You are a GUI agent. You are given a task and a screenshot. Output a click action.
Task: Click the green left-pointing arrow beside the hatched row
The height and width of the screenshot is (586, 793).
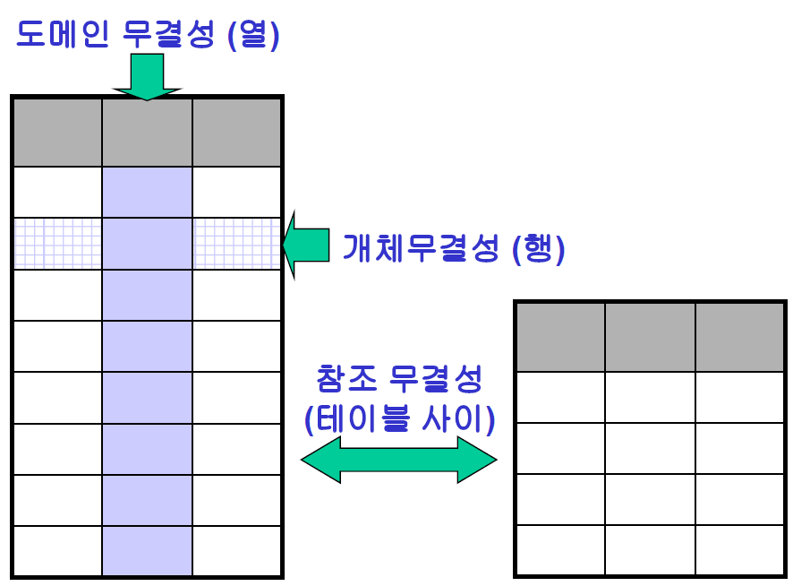(x=306, y=245)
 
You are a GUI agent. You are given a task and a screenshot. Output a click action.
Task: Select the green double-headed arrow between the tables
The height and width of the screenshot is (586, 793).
(x=398, y=460)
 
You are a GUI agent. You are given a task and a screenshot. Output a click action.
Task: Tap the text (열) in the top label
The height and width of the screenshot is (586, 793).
(x=254, y=35)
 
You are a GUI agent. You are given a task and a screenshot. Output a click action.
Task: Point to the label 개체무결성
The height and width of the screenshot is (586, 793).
(x=421, y=248)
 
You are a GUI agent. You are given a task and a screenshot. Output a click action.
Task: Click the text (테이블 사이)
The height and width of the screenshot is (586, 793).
(x=399, y=418)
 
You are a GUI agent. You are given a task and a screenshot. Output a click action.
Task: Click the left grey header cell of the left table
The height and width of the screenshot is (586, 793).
(x=58, y=133)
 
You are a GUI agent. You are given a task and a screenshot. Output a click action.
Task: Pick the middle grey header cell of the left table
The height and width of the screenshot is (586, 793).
(x=148, y=133)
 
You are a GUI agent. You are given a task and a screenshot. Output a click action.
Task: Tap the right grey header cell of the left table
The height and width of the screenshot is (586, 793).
(x=237, y=133)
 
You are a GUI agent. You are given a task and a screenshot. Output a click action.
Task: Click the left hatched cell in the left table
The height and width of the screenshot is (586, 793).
(x=58, y=244)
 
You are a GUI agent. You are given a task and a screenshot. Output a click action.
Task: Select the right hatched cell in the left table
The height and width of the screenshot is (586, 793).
(x=237, y=244)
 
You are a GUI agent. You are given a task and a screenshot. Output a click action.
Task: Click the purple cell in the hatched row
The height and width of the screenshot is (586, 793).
(x=148, y=244)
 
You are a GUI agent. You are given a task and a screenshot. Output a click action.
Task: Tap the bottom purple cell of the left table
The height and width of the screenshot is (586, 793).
(x=148, y=551)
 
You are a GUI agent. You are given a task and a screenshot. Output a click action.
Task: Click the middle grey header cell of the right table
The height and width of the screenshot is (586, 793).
(x=650, y=337)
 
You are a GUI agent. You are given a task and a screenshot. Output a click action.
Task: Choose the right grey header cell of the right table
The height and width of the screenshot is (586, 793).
(x=739, y=337)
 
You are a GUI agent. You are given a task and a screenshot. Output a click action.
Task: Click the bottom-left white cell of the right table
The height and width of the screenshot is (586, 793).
(x=560, y=550)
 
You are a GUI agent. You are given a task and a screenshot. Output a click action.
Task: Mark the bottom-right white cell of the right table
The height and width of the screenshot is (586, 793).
(x=739, y=550)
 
